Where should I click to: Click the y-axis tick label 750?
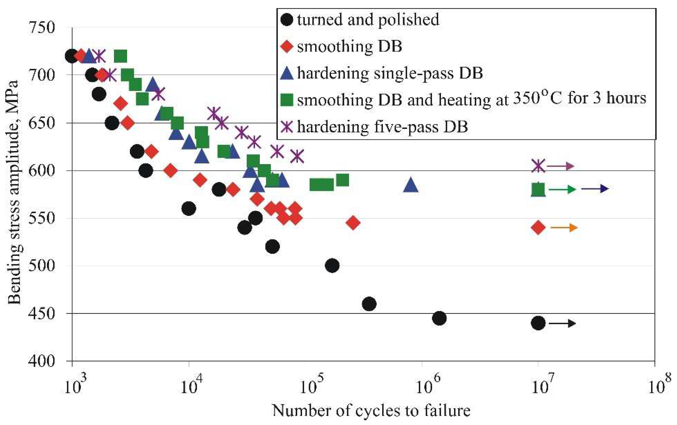coord(42,28)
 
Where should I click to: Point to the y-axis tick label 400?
coord(42,361)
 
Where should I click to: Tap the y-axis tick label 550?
coord(42,218)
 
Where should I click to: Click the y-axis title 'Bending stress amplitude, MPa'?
coord(14,193)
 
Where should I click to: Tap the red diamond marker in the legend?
coord(287,46)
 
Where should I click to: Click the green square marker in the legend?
coord(287,100)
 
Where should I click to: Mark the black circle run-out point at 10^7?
coord(538,323)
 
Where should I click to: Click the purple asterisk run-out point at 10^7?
coord(538,166)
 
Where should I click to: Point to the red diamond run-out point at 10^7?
coord(538,227)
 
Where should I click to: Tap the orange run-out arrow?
coord(564,228)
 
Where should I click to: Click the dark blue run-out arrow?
coord(595,189)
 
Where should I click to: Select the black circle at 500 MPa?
coord(332,265)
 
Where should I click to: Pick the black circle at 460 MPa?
coord(369,304)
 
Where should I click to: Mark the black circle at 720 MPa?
coord(71,56)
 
